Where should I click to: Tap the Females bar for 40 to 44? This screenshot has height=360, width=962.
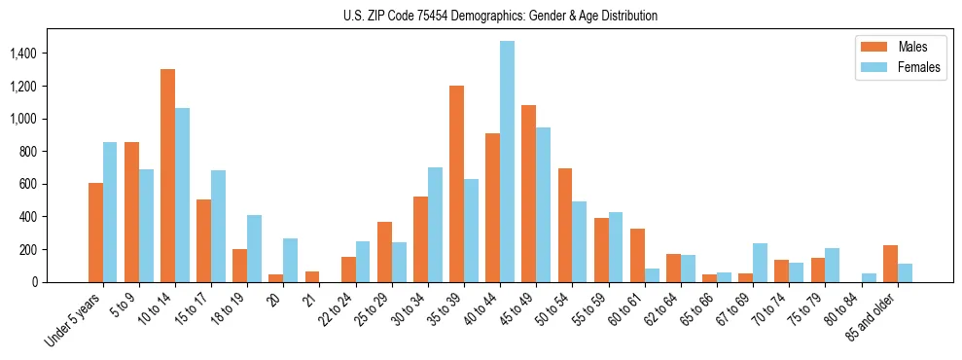pyautogui.click(x=507, y=162)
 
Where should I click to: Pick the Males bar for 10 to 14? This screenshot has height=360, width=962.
pyautogui.click(x=167, y=175)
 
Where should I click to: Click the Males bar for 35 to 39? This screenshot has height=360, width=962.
pyautogui.click(x=456, y=184)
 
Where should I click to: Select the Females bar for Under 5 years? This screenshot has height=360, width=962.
pyautogui.click(x=110, y=212)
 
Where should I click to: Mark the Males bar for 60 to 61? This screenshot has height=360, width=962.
pyautogui.click(x=637, y=255)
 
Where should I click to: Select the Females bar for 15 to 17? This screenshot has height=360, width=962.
pyautogui.click(x=218, y=226)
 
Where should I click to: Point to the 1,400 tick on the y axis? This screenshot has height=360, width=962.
pyautogui.click(x=50, y=54)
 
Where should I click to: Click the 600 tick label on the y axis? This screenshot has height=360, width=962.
pyautogui.click(x=56, y=184)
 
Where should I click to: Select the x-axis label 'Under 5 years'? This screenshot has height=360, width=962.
pyautogui.click(x=74, y=321)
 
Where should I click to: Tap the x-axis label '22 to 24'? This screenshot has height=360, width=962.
pyautogui.click(x=336, y=311)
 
